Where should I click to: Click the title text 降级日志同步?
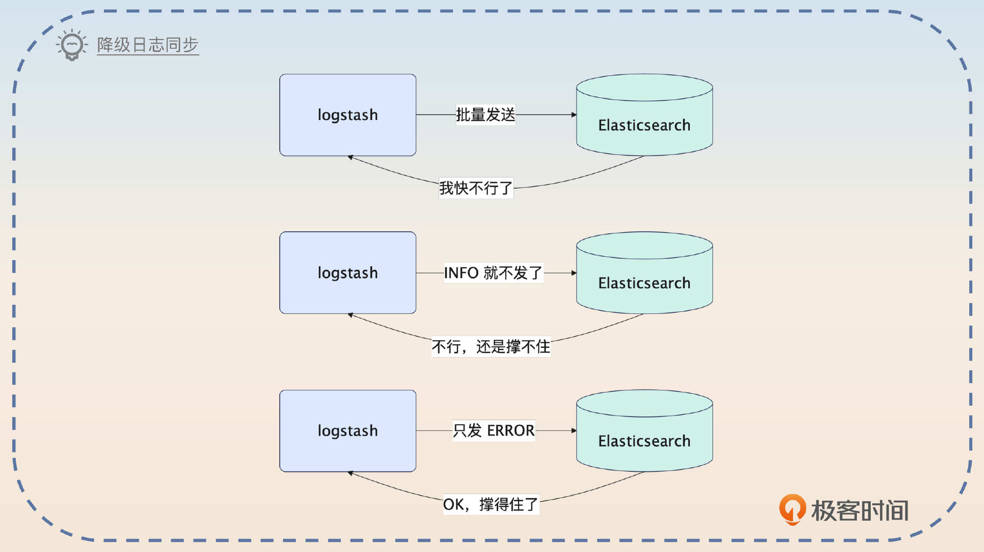point(148,45)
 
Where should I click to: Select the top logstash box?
point(347,115)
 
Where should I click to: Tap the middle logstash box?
point(347,272)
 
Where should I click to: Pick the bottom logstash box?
point(347,430)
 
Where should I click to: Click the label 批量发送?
point(485,114)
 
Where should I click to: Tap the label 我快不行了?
point(476,188)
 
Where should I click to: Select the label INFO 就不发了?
point(493,272)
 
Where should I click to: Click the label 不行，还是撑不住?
point(490,346)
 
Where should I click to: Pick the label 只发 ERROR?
point(494,430)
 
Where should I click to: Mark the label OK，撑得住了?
point(490,504)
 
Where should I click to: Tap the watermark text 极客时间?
point(859,510)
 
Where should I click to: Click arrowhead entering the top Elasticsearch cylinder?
point(574,115)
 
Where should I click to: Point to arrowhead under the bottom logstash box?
point(351,473)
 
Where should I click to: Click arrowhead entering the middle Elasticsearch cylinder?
point(574,273)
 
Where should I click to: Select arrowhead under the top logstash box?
point(351,157)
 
